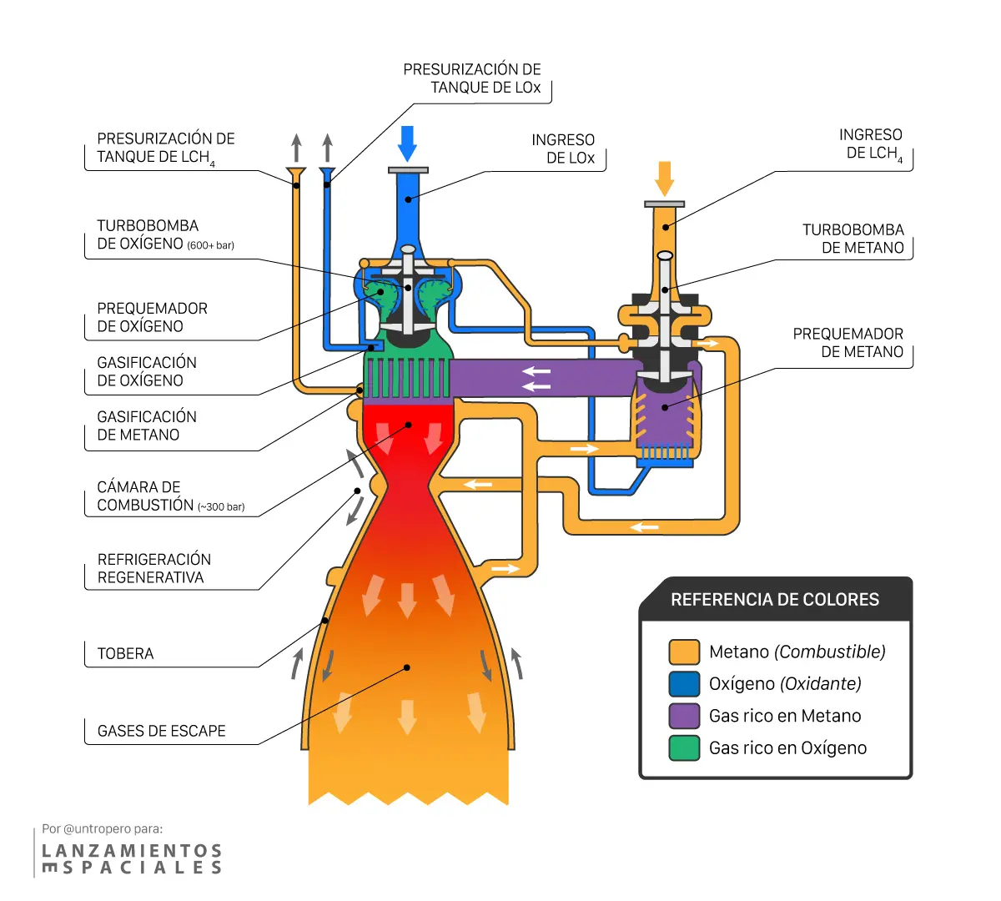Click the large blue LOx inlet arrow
click(x=408, y=143)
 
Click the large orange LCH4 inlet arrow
click(x=664, y=179)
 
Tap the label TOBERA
click(x=125, y=653)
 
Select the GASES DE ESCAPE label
click(x=161, y=731)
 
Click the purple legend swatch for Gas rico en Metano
click(x=684, y=716)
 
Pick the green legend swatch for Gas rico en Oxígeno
click(x=684, y=747)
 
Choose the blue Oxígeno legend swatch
click(x=684, y=684)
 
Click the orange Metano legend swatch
click(x=684, y=652)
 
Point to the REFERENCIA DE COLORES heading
click(x=775, y=599)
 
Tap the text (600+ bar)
click(x=210, y=245)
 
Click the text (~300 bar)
click(x=221, y=507)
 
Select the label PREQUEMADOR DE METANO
click(x=848, y=342)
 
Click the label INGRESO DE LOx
click(x=563, y=148)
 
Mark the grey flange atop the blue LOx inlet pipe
click(x=408, y=170)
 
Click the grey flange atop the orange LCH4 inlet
click(x=664, y=204)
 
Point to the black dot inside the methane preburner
click(x=665, y=407)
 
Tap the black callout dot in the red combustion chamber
click(x=408, y=425)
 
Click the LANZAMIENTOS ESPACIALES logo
click(x=132, y=859)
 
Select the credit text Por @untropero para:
click(x=103, y=829)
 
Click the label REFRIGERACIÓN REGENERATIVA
click(x=154, y=568)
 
